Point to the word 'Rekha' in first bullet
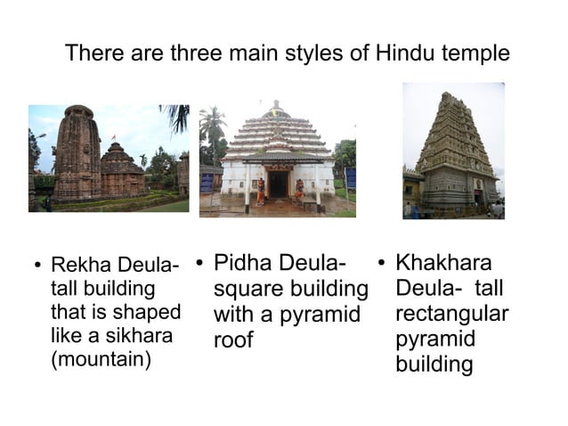click(x=78, y=266)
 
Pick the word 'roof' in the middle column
click(x=233, y=340)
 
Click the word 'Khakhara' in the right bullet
click(x=443, y=263)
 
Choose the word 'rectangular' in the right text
click(x=451, y=315)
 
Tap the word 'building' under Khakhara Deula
click(x=434, y=365)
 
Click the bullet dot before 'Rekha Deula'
click(x=37, y=266)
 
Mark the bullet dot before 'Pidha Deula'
click(x=200, y=263)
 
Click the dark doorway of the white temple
click(x=279, y=184)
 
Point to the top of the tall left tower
click(x=79, y=111)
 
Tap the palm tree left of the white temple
click(x=213, y=125)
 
